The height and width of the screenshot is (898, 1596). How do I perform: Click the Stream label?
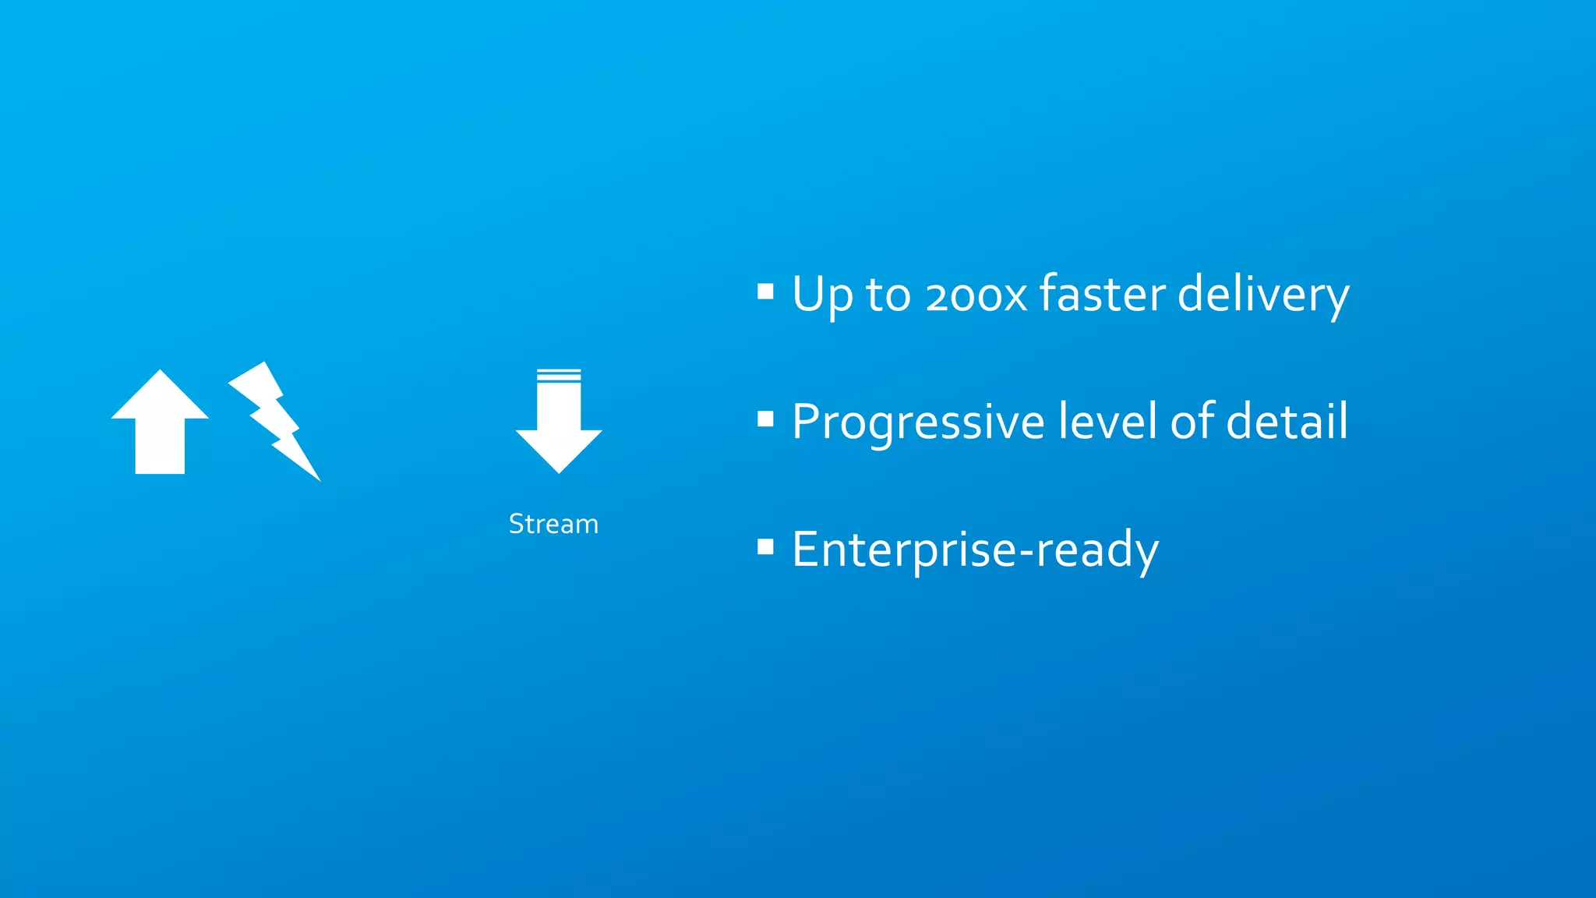click(553, 524)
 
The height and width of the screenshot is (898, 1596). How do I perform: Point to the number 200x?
click(976, 295)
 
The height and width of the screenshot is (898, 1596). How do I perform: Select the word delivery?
click(1262, 295)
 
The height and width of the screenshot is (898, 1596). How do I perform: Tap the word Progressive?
click(918, 422)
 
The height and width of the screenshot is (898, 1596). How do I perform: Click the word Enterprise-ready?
click(975, 550)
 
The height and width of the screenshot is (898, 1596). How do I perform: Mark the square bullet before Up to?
click(765, 292)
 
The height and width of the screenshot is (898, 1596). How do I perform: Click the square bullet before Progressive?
click(765, 419)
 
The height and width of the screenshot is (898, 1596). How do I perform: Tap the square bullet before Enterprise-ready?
click(765, 546)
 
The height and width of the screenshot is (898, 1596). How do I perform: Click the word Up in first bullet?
click(822, 295)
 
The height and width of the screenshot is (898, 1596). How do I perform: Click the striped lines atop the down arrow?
click(559, 375)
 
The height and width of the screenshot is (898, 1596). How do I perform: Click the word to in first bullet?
click(888, 295)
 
